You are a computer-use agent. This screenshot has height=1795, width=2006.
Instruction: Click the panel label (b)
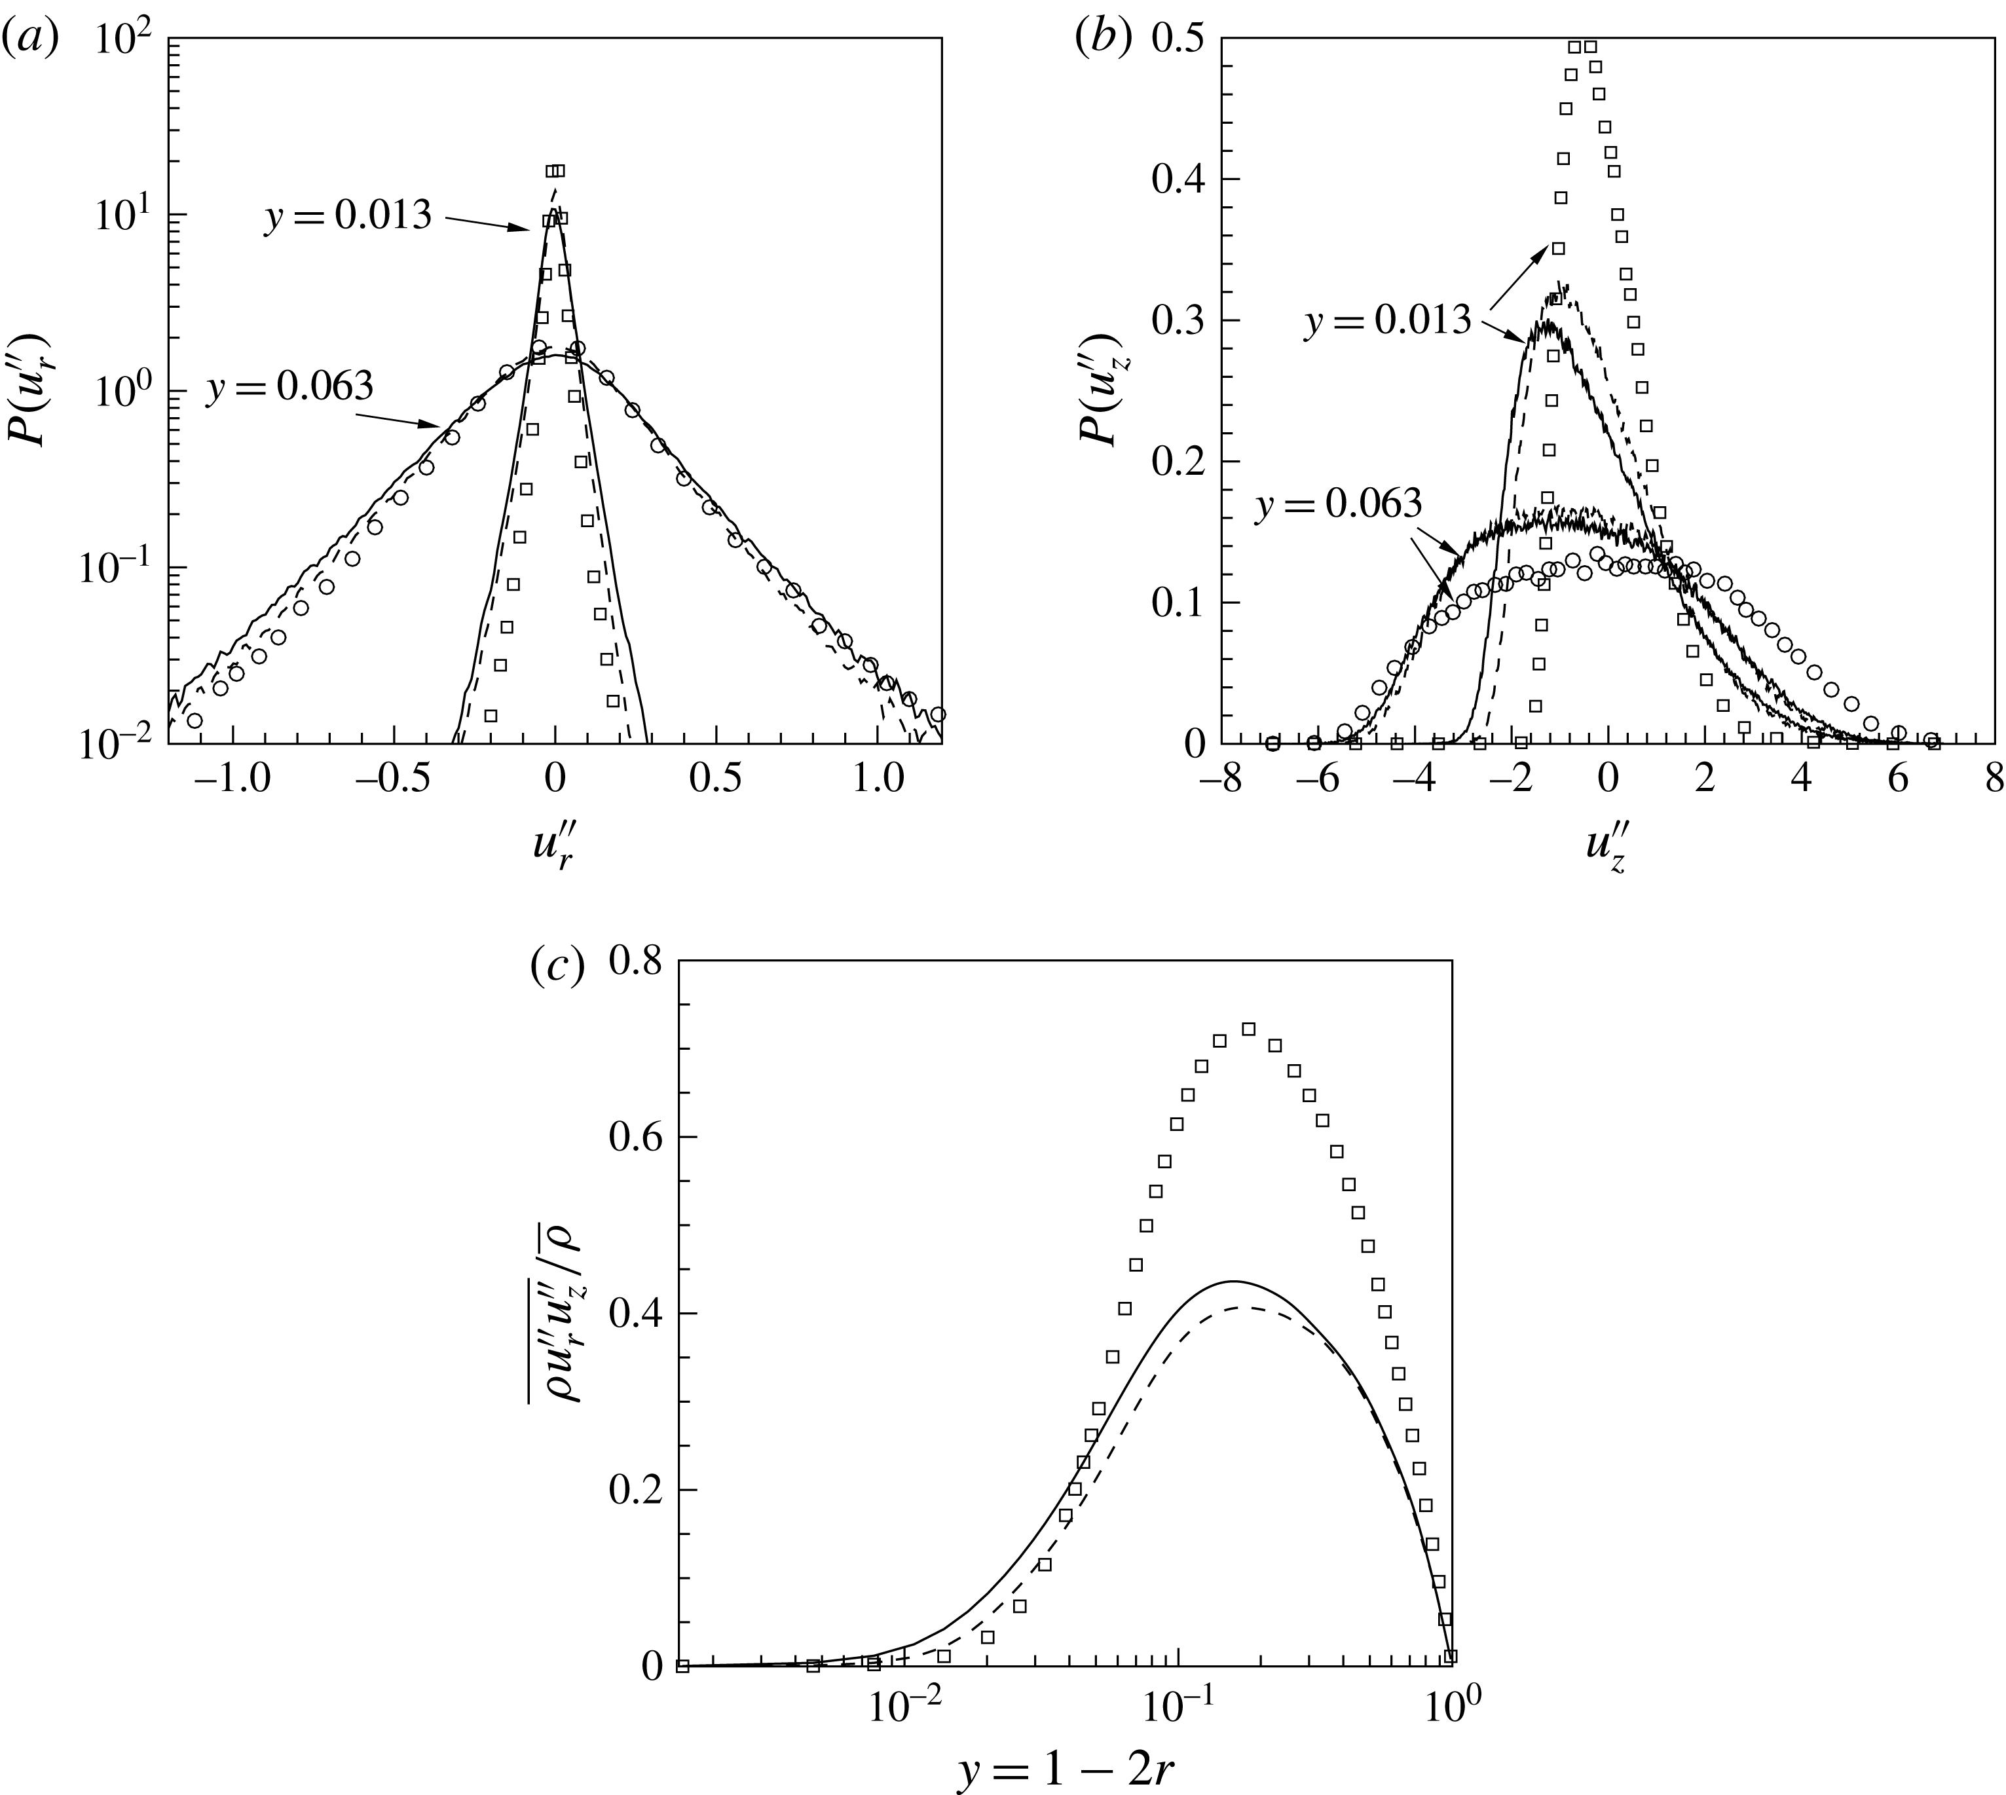click(x=1104, y=39)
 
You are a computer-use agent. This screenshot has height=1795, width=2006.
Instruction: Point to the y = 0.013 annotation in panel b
click(x=1388, y=320)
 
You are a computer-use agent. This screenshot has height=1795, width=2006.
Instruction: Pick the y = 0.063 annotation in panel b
click(x=1339, y=504)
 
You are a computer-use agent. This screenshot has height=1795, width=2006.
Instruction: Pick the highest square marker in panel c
click(x=1248, y=1029)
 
